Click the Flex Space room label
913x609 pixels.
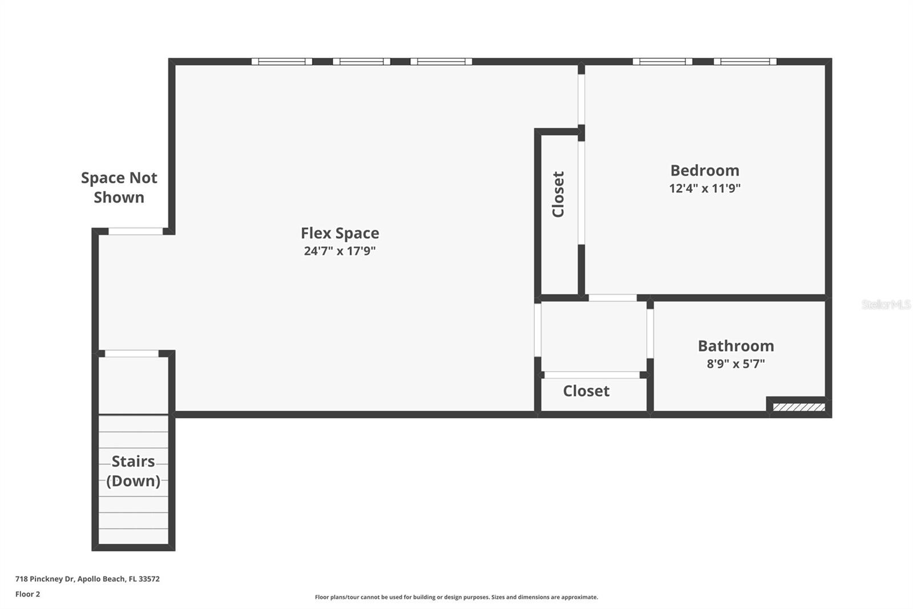340,233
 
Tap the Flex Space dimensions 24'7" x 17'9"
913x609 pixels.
340,251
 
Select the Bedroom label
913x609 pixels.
705,170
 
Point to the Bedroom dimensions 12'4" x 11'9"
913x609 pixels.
705,188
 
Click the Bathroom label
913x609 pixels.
736,346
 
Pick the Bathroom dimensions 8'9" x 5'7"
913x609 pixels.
736,363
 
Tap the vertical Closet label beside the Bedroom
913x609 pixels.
558,194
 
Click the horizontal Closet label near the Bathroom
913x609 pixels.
586,391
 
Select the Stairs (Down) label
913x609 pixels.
133,471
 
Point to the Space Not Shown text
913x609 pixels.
119,187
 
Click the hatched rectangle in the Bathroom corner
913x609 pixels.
799,407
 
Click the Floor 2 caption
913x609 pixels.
27,594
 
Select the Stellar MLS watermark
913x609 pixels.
886,304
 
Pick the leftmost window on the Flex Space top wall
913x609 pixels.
282,62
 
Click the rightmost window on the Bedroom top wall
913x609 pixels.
745,62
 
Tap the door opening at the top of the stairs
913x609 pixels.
132,354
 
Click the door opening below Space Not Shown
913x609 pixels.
136,231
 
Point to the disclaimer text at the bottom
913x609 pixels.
457,597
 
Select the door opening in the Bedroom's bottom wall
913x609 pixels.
612,298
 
